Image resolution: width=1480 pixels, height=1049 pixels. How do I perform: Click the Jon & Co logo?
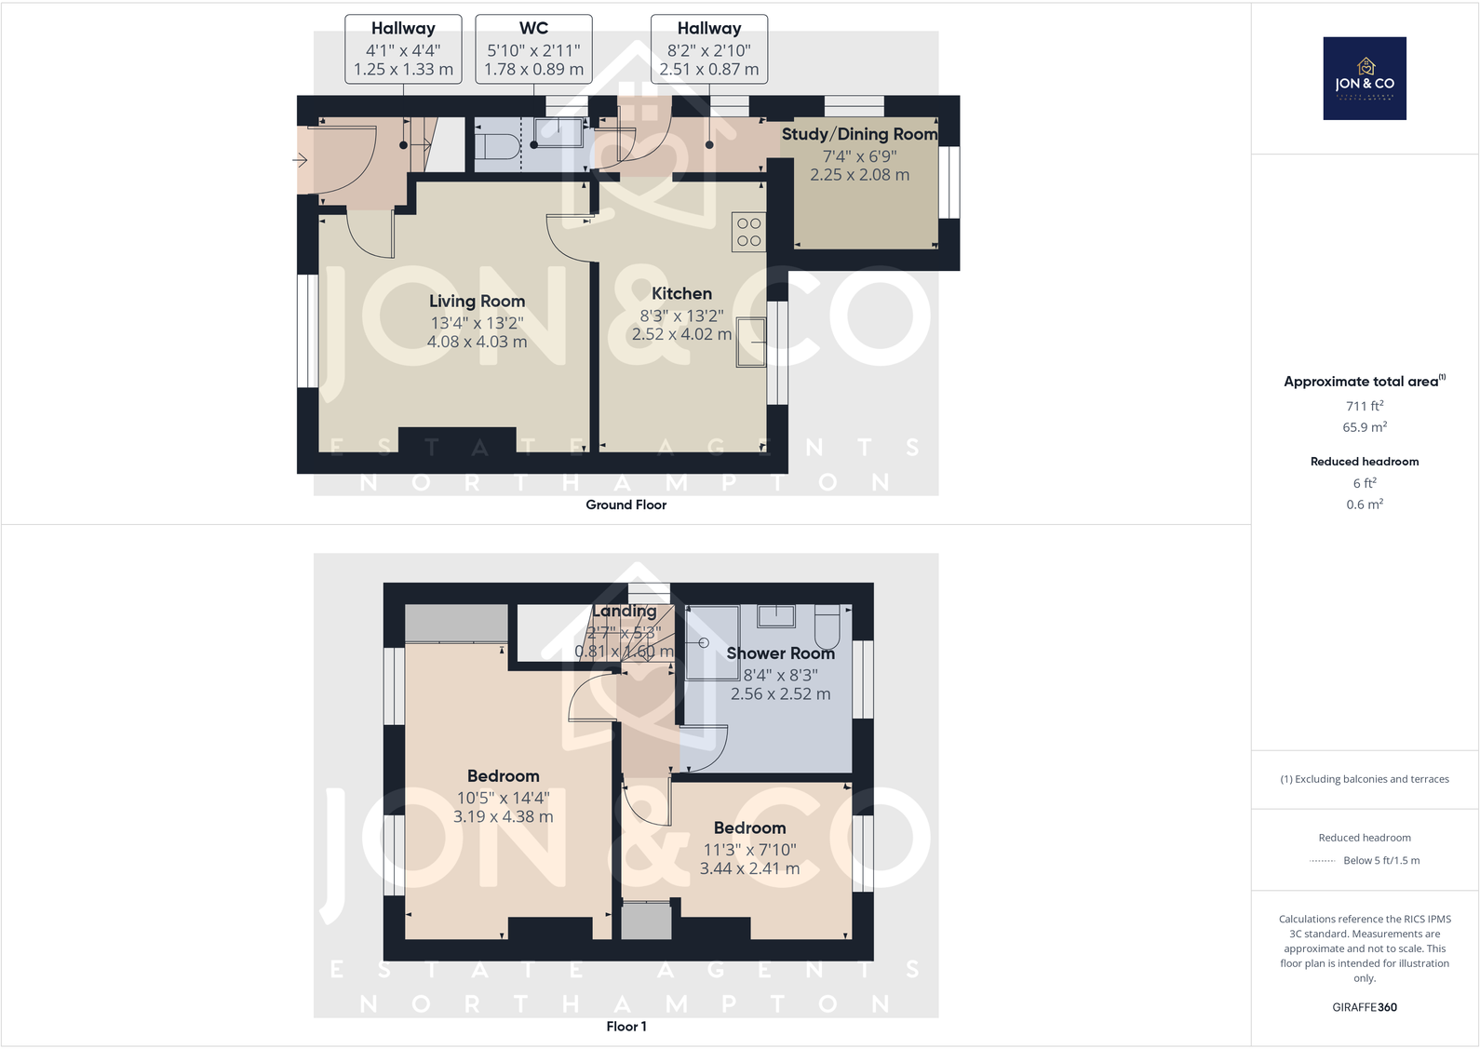click(x=1365, y=78)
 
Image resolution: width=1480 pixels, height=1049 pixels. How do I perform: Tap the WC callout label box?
click(x=533, y=49)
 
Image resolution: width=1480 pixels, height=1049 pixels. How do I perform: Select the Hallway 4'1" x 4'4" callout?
click(x=403, y=49)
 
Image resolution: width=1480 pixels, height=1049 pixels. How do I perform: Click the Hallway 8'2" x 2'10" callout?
click(x=708, y=49)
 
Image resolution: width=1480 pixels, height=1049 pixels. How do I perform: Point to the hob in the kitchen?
click(x=749, y=233)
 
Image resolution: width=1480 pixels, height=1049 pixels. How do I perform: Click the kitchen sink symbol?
click(x=751, y=342)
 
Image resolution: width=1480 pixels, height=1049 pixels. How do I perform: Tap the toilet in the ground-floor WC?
click(x=499, y=145)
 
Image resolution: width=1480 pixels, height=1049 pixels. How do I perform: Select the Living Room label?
click(x=477, y=301)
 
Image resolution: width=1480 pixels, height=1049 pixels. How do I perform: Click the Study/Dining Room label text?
click(x=859, y=134)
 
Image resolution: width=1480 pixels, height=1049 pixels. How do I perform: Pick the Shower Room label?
click(x=780, y=653)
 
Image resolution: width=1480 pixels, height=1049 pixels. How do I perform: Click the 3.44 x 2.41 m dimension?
click(x=749, y=868)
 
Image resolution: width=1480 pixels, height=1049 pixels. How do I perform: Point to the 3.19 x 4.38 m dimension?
click(x=503, y=816)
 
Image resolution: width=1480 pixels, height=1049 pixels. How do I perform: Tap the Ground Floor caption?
click(x=626, y=504)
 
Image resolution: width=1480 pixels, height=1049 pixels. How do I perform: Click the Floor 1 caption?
click(x=626, y=1026)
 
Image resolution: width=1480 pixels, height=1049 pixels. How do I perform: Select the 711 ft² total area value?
click(x=1364, y=406)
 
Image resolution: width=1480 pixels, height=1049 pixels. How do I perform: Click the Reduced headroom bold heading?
click(x=1364, y=462)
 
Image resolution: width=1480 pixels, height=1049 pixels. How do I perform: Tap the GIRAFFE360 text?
click(x=1364, y=1007)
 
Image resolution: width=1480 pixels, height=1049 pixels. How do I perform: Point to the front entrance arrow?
click(x=301, y=160)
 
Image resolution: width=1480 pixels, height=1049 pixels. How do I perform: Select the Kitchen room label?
click(x=681, y=293)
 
